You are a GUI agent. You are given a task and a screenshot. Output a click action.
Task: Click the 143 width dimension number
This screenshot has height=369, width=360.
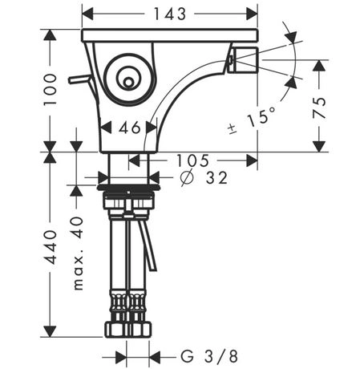(169, 14)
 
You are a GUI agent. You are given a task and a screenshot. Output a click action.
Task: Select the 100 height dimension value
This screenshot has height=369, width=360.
(51, 90)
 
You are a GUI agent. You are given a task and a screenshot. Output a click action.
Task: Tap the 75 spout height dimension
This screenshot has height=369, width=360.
(319, 107)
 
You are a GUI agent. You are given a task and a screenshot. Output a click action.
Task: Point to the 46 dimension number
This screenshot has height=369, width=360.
(129, 128)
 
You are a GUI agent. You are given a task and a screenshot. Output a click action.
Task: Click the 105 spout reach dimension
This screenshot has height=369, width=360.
(192, 160)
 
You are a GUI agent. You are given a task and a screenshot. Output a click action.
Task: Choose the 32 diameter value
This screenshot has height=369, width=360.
(216, 178)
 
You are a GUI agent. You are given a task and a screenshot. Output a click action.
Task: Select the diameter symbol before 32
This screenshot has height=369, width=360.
(186, 178)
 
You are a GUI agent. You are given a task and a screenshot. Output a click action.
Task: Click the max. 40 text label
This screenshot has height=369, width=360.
(78, 253)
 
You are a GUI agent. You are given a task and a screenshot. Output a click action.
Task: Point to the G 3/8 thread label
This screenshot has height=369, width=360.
(209, 356)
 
